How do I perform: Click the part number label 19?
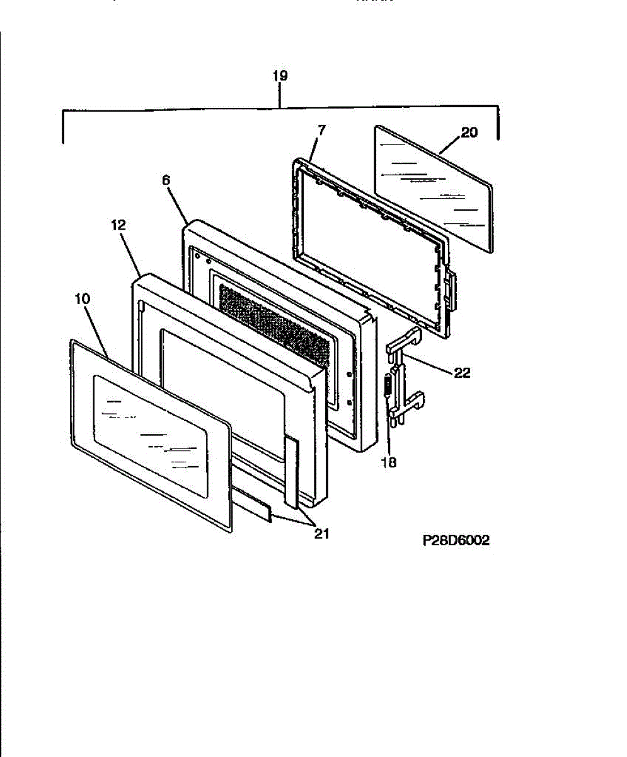click(x=280, y=76)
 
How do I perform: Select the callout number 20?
click(x=469, y=132)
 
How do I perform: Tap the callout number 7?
click(x=321, y=131)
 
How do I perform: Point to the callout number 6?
click(x=166, y=180)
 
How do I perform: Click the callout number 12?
click(x=118, y=224)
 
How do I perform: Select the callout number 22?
click(x=462, y=373)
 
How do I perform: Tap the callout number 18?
click(x=389, y=462)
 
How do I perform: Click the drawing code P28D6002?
click(x=456, y=541)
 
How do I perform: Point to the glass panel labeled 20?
click(x=435, y=189)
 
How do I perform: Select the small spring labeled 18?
click(x=386, y=385)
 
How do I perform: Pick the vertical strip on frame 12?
click(x=292, y=470)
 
